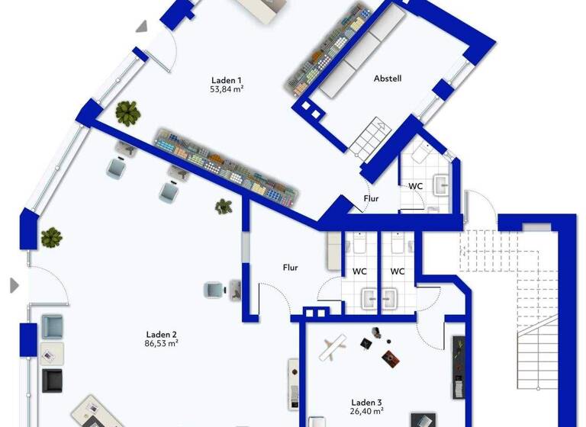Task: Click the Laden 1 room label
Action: [x=227, y=80]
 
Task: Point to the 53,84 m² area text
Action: [x=227, y=89]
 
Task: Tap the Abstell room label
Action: [x=388, y=79]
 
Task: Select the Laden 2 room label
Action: [x=162, y=334]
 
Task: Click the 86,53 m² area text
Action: [x=162, y=344]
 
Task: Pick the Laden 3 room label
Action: [x=366, y=403]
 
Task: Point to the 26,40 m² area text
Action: [x=366, y=413]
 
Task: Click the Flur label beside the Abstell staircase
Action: [x=370, y=200]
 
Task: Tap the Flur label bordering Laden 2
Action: [x=290, y=268]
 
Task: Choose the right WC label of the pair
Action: [x=398, y=271]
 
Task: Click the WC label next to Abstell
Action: [x=416, y=186]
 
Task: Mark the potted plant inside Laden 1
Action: [x=127, y=114]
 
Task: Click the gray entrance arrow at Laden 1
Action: [x=142, y=27]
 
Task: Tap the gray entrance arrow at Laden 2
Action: [x=14, y=286]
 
